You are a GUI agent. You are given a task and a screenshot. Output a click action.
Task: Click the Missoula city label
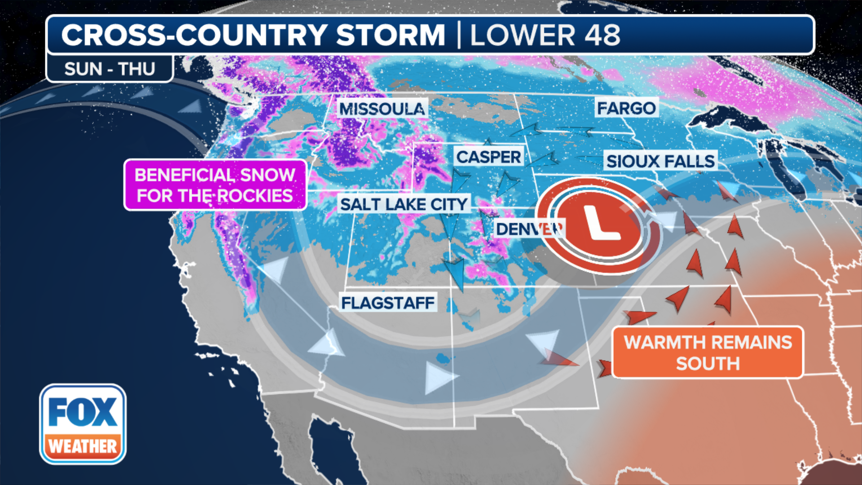pos(382,109)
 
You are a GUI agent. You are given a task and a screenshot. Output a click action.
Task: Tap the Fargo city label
pos(626,108)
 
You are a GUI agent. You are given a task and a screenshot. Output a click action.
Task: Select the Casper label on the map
pos(488,157)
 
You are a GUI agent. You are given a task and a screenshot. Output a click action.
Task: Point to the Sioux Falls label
pos(660,161)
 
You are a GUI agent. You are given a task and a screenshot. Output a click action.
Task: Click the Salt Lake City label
pos(404,204)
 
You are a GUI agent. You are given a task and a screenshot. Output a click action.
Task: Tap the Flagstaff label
pos(388,303)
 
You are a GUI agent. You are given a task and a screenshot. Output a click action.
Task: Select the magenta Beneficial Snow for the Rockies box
pos(215,185)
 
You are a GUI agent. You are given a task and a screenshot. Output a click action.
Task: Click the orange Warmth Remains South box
pos(708,353)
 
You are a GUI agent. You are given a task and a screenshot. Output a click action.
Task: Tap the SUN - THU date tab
pos(110,69)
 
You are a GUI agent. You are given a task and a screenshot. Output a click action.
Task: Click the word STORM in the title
pos(390,35)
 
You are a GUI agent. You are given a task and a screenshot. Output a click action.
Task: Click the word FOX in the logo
pos(83,412)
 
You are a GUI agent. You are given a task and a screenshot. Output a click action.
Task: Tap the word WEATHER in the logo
pos(83,446)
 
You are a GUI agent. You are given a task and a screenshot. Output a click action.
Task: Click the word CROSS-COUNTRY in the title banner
pos(194,35)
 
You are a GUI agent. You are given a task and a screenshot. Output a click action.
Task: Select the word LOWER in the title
pos(523,35)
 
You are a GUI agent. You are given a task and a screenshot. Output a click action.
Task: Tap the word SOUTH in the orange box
pos(708,363)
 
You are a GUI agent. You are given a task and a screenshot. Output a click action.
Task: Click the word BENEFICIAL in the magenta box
pos(184,175)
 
